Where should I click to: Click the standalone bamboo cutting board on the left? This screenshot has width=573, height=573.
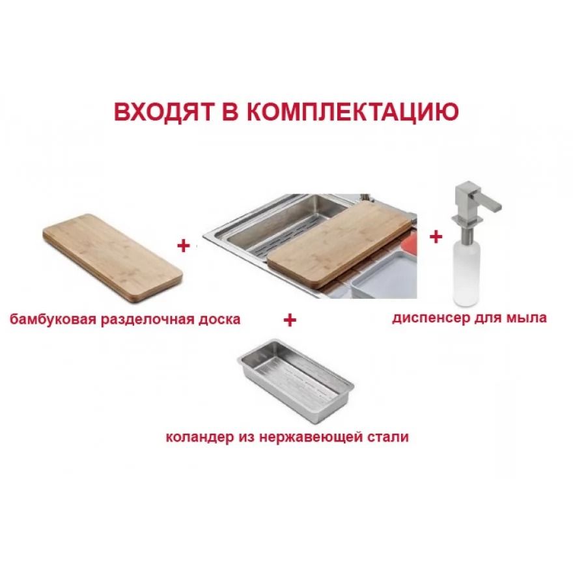pyautogui.click(x=113, y=258)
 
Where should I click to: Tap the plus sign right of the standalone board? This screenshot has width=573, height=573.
pyautogui.click(x=184, y=245)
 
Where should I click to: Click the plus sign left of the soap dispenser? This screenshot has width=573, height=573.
pyautogui.click(x=436, y=237)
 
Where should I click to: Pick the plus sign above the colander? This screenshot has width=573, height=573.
pyautogui.click(x=290, y=320)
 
